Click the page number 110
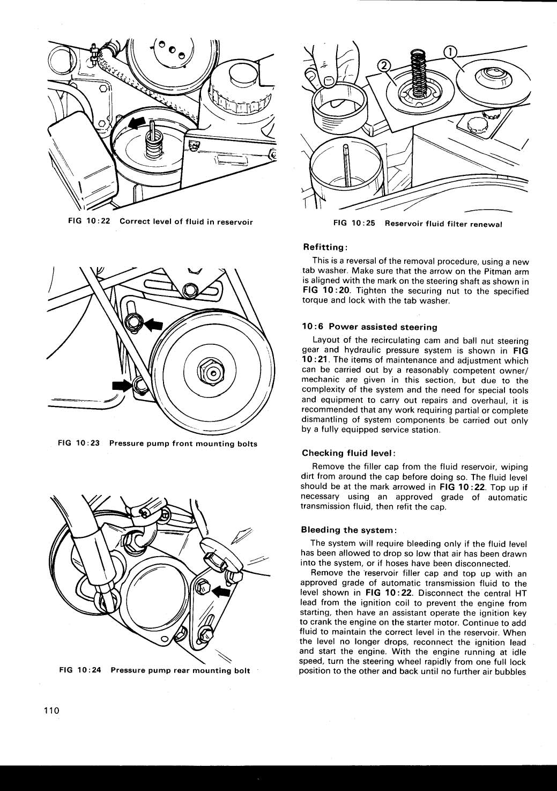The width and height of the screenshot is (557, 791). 50,711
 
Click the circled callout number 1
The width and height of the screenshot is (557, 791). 451,51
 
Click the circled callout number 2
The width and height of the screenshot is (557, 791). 384,66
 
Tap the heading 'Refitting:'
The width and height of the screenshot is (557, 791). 326,247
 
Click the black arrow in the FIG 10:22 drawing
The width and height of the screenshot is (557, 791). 137,124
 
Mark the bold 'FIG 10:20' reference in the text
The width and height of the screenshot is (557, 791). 326,291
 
